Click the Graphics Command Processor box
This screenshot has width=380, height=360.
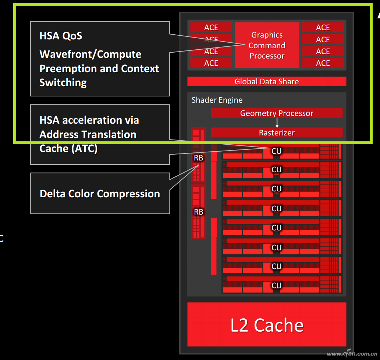click(267, 45)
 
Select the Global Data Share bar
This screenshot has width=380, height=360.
click(267, 81)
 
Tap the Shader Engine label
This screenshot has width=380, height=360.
click(217, 100)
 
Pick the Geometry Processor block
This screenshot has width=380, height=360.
click(277, 113)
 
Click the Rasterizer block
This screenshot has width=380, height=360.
click(277, 133)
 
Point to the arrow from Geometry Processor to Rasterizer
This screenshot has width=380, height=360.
click(277, 123)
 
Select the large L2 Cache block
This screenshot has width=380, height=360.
click(267, 325)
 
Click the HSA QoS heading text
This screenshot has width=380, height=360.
click(61, 36)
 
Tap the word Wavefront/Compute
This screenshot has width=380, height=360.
click(90, 54)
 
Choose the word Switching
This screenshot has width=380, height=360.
click(63, 82)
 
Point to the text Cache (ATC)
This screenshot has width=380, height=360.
click(68, 148)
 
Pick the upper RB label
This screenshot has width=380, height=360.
click(198, 158)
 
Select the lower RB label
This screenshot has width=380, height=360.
click(198, 212)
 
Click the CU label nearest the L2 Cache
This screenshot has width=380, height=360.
click(276, 285)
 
